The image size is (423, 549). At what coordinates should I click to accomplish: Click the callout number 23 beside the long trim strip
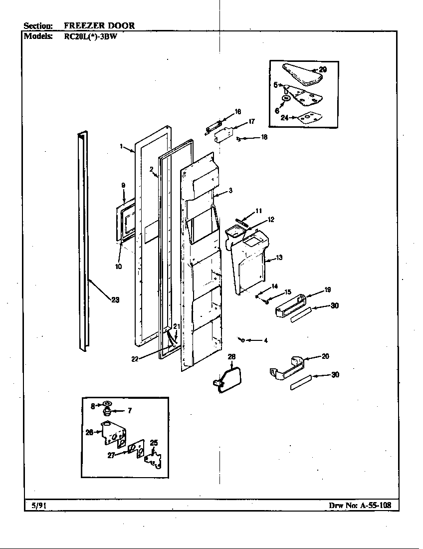pos(115,300)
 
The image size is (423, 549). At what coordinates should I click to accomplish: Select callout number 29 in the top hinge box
pos(323,70)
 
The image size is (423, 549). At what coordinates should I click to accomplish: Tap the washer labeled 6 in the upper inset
pos(286,99)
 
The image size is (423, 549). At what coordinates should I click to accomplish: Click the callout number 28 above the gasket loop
pos(231,357)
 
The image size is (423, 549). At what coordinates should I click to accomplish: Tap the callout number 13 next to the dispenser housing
pos(279,258)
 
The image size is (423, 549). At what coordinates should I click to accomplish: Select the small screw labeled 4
pos(241,340)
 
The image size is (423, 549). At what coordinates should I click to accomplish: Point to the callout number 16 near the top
pos(238,112)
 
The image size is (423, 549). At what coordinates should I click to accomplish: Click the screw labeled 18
pos(239,138)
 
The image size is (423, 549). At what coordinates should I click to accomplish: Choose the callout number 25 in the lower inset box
pos(154,443)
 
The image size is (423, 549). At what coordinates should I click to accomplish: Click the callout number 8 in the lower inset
pos(92,406)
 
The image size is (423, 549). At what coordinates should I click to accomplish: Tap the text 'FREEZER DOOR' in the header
pos(99,25)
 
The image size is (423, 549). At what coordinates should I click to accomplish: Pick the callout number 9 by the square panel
pos(123,186)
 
